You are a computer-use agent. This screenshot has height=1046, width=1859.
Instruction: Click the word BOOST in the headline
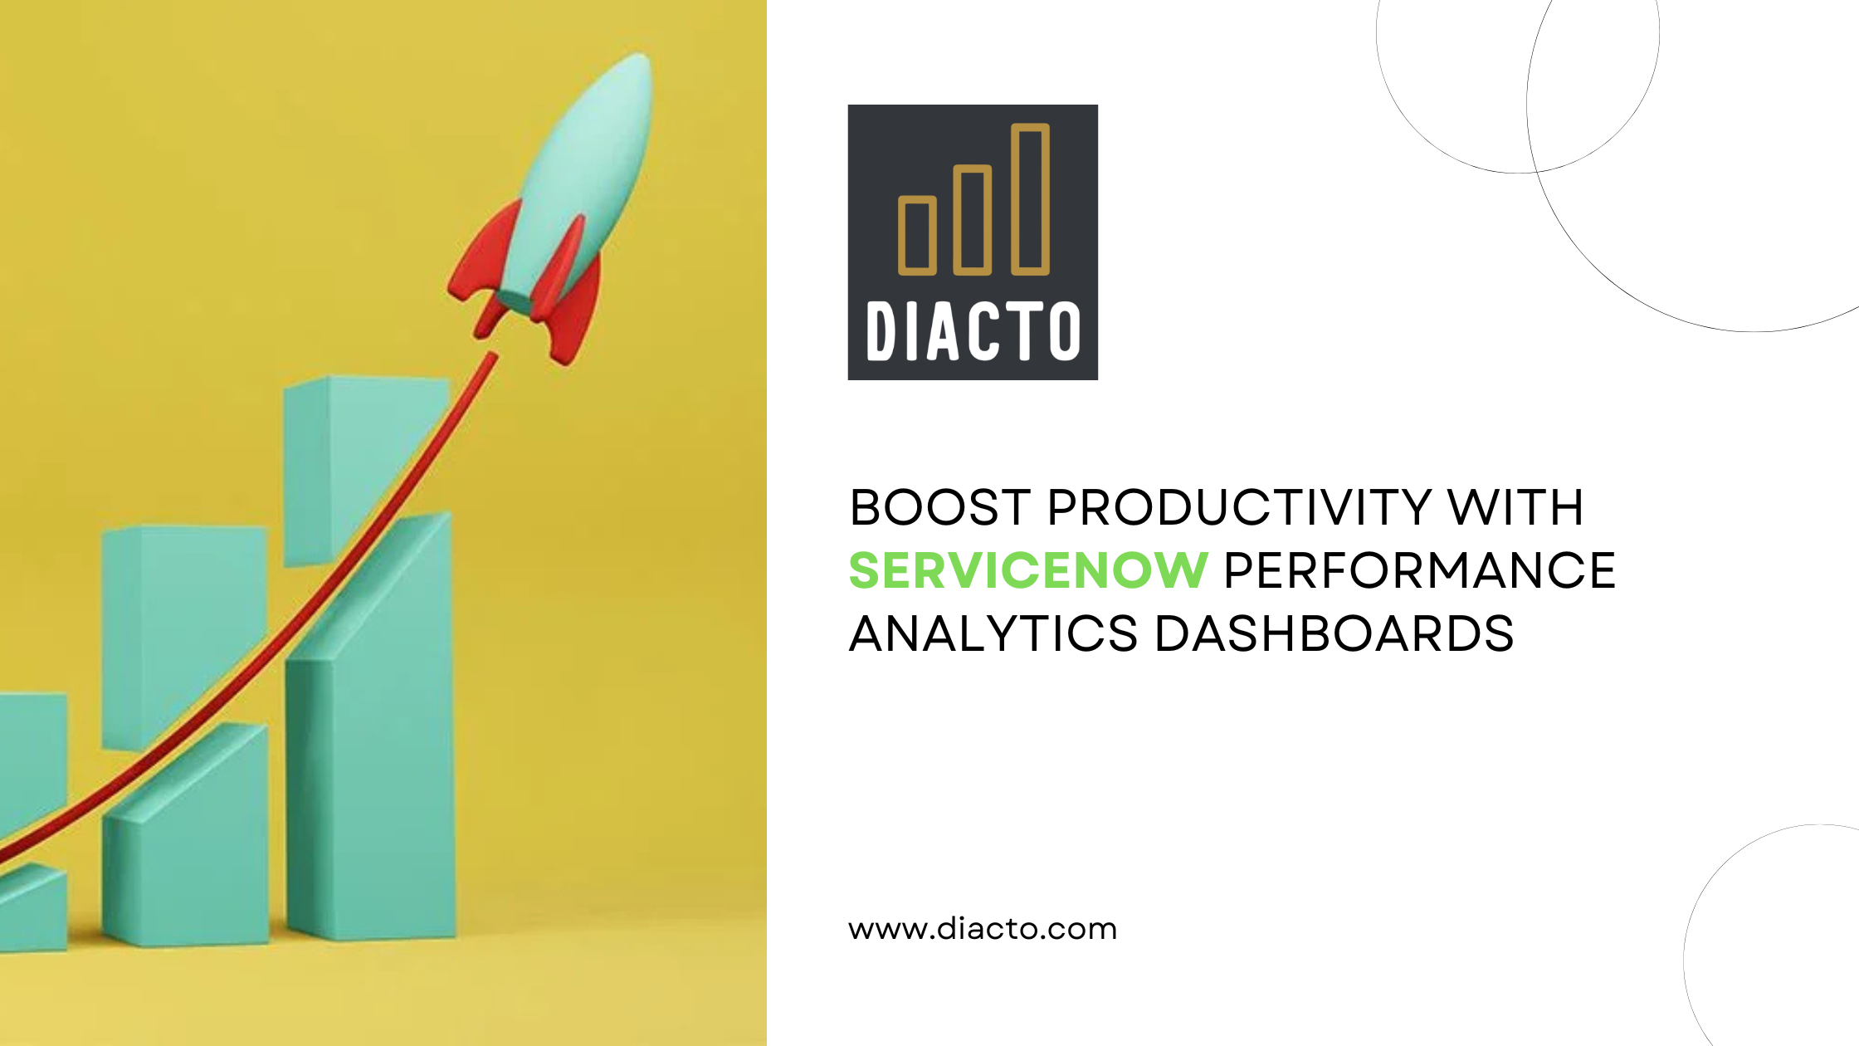click(x=939, y=507)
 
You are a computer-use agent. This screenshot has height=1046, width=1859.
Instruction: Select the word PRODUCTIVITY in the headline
click(x=1238, y=507)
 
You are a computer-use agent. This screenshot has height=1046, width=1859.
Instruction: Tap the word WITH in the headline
click(x=1515, y=507)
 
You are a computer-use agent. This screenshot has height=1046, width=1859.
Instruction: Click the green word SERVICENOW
click(x=1027, y=570)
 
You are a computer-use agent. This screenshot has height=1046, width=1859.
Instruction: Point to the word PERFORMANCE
click(x=1419, y=570)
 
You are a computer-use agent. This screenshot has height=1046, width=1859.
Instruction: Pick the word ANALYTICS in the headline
click(x=993, y=633)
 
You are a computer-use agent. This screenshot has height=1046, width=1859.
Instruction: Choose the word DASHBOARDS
click(x=1334, y=633)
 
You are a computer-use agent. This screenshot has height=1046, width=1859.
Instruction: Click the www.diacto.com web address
click(x=983, y=928)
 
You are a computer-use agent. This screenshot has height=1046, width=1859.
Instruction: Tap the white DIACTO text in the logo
click(x=973, y=331)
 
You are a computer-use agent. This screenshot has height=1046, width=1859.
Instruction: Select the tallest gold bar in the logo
click(x=1030, y=199)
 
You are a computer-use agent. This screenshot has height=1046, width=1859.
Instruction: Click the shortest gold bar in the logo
click(x=917, y=235)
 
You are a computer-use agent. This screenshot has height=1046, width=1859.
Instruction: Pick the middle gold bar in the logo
click(x=973, y=220)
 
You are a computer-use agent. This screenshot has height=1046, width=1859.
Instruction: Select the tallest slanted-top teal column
click(x=370, y=726)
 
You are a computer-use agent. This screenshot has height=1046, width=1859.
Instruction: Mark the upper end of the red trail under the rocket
click(x=493, y=356)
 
